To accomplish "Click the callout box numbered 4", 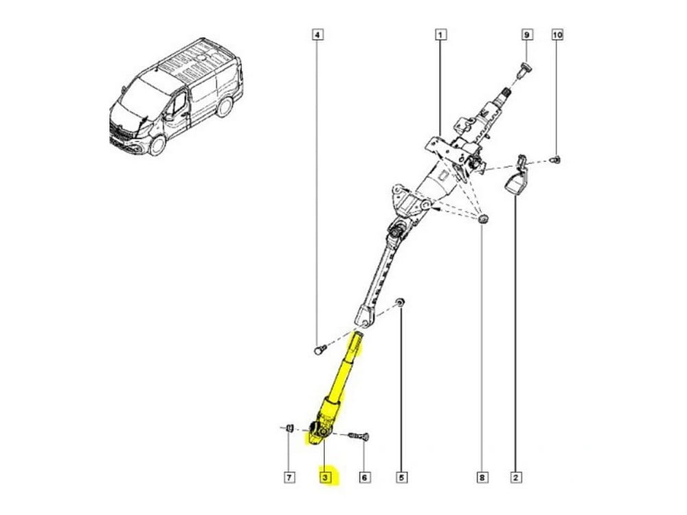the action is [317, 34].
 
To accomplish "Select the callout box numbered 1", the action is [441, 34].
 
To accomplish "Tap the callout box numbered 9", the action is [527, 34].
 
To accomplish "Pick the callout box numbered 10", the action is [557, 34].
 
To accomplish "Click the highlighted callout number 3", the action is [325, 477].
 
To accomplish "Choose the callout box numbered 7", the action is [289, 477].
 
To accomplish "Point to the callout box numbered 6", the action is [364, 477].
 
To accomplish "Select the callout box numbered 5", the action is [401, 477].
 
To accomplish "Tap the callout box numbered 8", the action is [482, 477].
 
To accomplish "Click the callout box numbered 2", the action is [516, 477].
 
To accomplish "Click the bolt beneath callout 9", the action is [523, 71].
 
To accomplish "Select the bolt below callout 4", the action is [320, 350].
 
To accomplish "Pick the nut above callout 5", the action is [401, 301].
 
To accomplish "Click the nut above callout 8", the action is [482, 218].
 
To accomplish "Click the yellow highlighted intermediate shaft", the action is [335, 390].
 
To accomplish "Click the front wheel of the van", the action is [157, 145].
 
